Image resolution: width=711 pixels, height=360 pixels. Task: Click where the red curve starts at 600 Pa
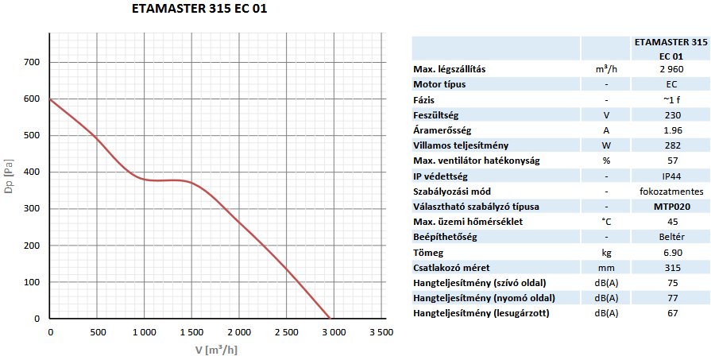(50, 99)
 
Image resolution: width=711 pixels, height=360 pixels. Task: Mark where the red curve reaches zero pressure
(329, 318)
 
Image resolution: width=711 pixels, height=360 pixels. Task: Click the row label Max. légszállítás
(450, 69)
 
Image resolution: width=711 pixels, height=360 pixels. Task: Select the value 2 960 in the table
(671, 69)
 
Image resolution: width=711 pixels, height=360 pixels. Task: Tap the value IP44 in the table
(671, 175)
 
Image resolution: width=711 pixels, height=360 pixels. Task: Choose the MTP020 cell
(671, 206)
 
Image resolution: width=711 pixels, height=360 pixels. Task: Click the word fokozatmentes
(671, 191)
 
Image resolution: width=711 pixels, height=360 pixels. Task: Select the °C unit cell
(606, 221)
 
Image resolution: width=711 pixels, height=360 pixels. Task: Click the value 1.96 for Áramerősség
(671, 130)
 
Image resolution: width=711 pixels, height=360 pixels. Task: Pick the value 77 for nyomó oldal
(671, 298)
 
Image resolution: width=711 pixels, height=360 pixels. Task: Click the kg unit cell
(606, 252)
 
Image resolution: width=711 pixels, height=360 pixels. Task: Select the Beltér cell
(671, 237)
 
